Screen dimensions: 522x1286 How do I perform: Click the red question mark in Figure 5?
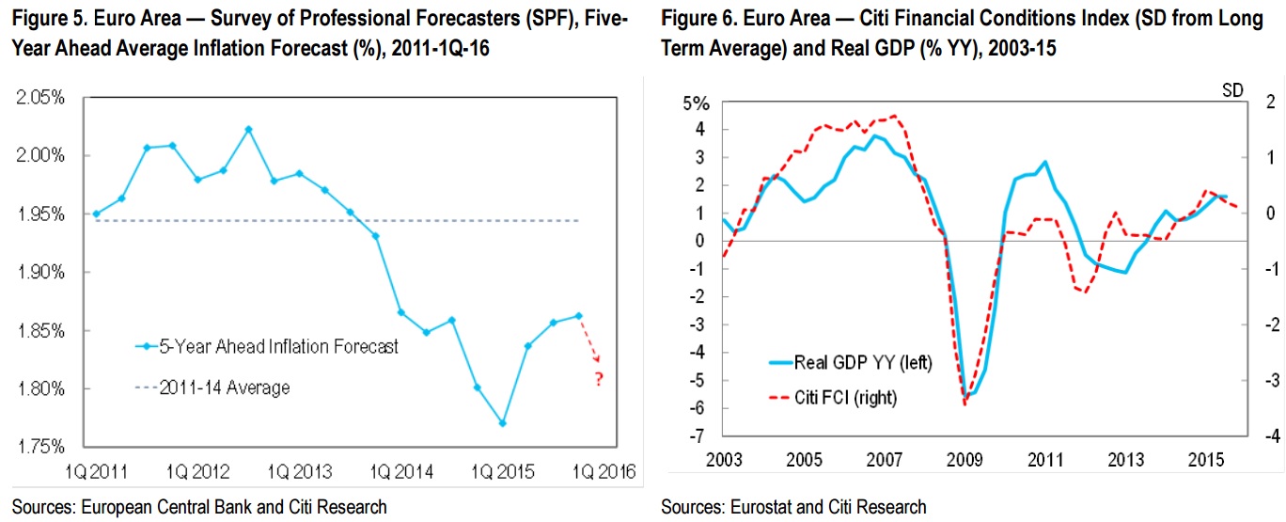pos(598,380)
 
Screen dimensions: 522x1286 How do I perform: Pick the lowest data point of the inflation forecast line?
pos(503,423)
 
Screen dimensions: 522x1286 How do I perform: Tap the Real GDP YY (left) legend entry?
pos(862,362)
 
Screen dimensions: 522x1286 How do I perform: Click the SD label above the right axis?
pos(1231,90)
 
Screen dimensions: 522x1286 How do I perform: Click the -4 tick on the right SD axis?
pos(1247,436)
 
